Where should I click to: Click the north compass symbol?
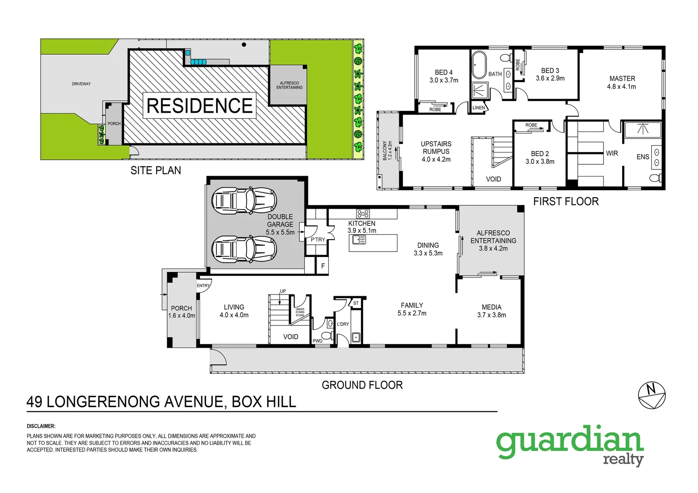point(651,395)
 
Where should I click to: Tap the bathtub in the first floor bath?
point(479,65)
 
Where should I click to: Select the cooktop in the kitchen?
point(363,213)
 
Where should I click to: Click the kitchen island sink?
point(359,239)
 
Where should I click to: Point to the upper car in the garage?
point(244,200)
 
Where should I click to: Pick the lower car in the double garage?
point(244,249)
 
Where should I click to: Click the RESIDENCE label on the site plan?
point(200,106)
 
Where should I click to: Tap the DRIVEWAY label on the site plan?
point(81,84)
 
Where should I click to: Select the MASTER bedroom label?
point(622,79)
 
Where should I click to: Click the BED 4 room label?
point(444,73)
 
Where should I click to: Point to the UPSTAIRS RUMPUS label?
point(436,147)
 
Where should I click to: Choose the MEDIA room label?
point(492,307)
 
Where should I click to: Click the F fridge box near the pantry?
point(323,266)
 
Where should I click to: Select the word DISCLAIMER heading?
point(41,426)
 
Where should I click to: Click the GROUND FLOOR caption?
point(362,385)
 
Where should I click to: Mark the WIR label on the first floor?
point(612,153)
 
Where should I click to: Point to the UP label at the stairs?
point(283,291)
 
